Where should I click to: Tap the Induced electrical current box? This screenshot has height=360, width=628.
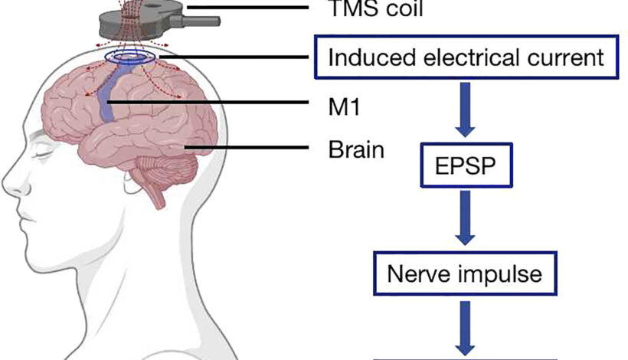tap(466, 57)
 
